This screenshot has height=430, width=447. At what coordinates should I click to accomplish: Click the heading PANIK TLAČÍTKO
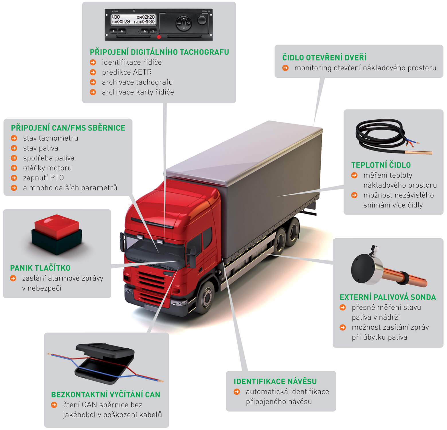coord(40,268)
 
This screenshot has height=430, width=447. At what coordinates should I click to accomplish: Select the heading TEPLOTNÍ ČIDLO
coord(381,165)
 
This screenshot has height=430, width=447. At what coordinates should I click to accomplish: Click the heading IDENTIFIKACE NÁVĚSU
coord(275,381)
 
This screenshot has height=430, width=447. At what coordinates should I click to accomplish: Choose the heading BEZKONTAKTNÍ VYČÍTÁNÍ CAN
coord(105,394)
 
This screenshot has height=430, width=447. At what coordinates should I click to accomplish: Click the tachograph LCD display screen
coord(133,20)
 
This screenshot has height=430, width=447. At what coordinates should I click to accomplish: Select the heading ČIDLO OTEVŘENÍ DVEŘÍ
coord(324,57)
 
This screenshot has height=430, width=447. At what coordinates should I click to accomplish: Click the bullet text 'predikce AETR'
coord(127,72)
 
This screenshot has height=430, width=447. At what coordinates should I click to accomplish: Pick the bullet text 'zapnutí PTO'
coord(43,178)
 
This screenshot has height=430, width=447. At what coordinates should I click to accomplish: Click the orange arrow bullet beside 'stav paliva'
coord(14,148)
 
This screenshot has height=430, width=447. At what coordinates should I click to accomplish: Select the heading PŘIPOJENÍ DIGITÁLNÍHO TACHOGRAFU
coord(159,52)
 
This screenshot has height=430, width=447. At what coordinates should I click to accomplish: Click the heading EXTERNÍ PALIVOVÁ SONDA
coord(387,297)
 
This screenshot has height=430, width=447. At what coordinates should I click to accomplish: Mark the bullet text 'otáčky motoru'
coord(47,168)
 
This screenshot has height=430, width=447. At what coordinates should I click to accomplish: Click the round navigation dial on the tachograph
coord(183,23)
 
